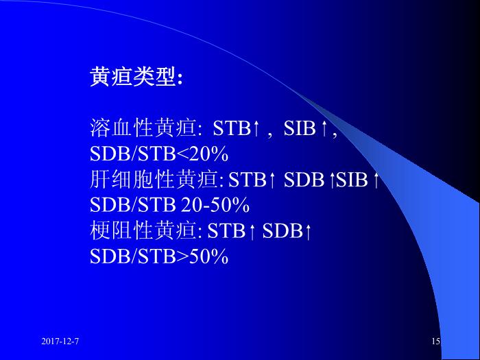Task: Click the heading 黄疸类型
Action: click(133, 77)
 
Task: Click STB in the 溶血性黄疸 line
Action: click(232, 128)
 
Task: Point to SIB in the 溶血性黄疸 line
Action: click(300, 128)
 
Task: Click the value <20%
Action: click(203, 154)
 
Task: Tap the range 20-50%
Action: click(215, 205)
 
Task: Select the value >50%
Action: click(203, 256)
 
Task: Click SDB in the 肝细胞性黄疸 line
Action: click(304, 180)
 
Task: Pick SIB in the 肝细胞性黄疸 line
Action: click(352, 180)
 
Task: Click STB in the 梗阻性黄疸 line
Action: click(226, 231)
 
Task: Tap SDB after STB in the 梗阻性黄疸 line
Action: click(283, 231)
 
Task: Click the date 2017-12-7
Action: click(60, 341)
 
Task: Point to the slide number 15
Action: click(436, 341)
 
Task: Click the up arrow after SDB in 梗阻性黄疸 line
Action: click(308, 231)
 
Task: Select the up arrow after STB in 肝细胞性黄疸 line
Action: click(272, 180)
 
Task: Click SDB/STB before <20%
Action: click(133, 154)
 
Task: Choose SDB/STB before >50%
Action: click(133, 256)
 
